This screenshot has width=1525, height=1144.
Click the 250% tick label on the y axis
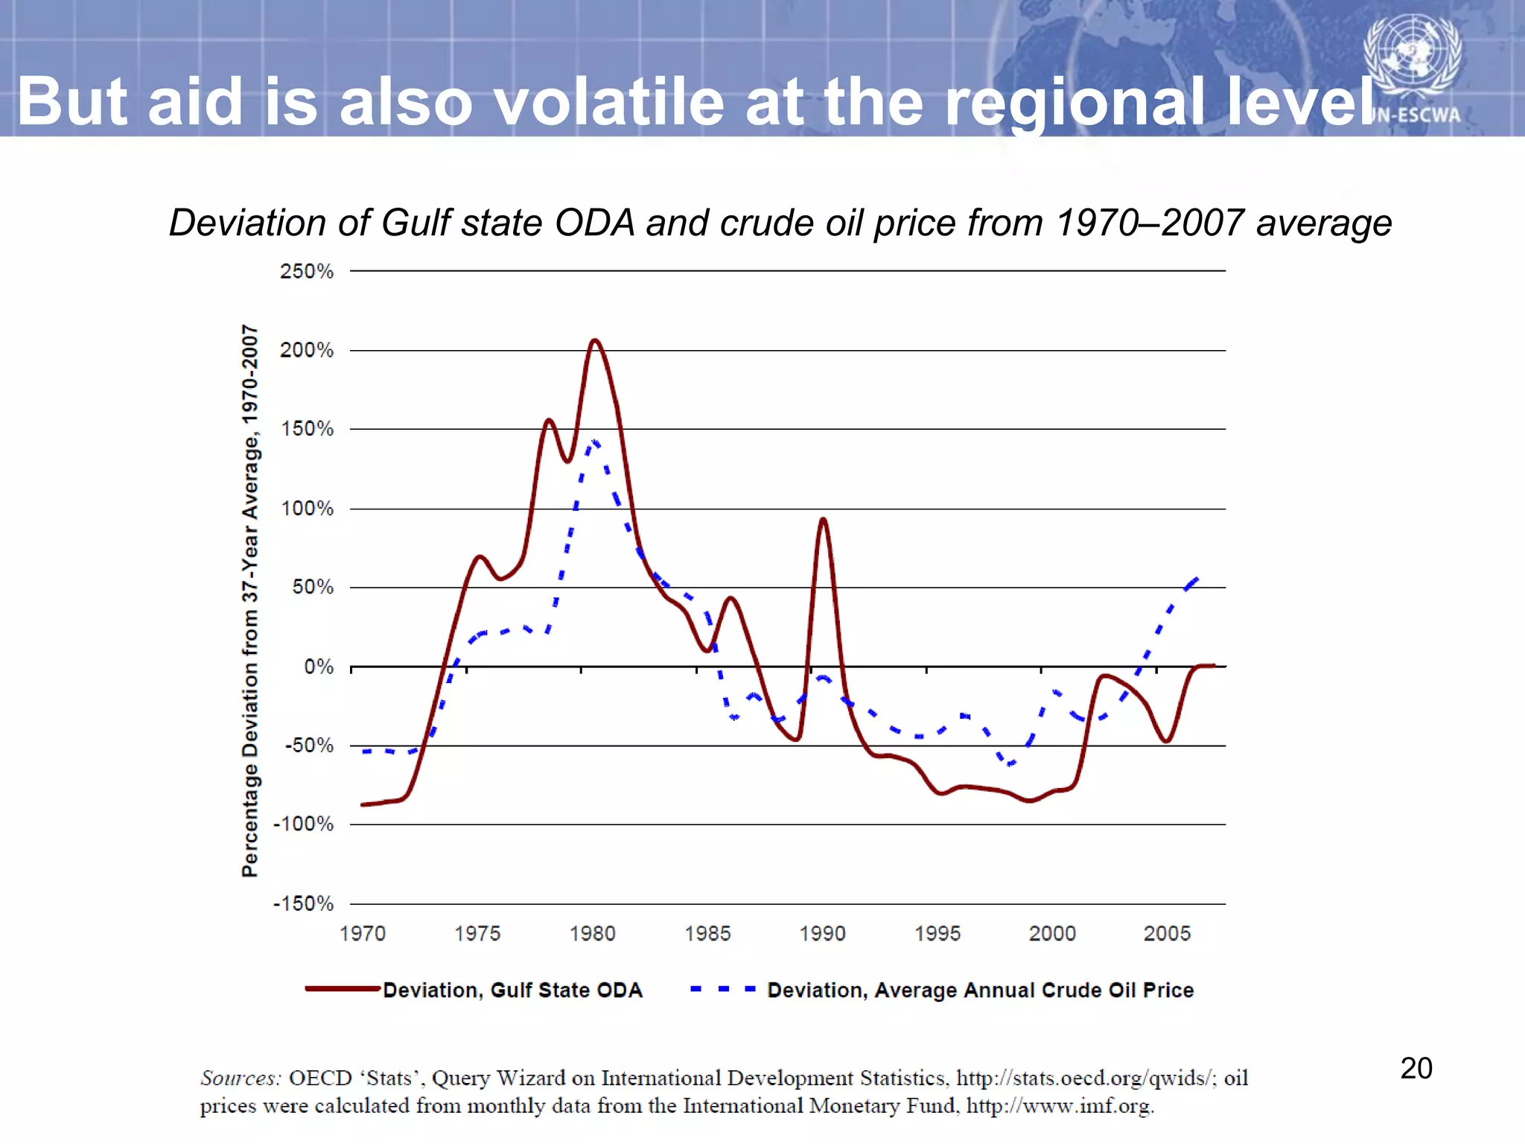tap(306, 271)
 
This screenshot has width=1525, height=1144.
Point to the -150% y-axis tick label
tap(303, 904)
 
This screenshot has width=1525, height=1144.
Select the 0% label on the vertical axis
tap(318, 667)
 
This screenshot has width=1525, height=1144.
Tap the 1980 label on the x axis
tap(592, 933)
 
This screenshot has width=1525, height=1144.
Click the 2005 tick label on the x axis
tap(1167, 933)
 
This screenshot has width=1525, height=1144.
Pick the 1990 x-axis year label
tap(822, 933)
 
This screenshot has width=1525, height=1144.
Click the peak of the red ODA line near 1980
tap(594, 340)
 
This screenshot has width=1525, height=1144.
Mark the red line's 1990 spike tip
tap(823, 519)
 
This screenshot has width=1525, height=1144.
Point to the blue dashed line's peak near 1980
tap(594, 442)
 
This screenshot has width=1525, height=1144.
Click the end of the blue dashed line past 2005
tap(1197, 578)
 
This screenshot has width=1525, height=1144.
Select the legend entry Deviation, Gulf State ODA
tap(512, 990)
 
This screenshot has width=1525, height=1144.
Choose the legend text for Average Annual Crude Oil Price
tap(980, 990)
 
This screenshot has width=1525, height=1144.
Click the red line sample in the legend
tap(343, 989)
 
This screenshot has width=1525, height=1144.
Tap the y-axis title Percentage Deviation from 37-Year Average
tap(250, 600)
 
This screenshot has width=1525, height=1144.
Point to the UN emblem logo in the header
tap(1412, 54)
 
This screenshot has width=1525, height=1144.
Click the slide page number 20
tap(1416, 1068)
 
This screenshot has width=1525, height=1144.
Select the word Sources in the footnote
tap(241, 1078)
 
